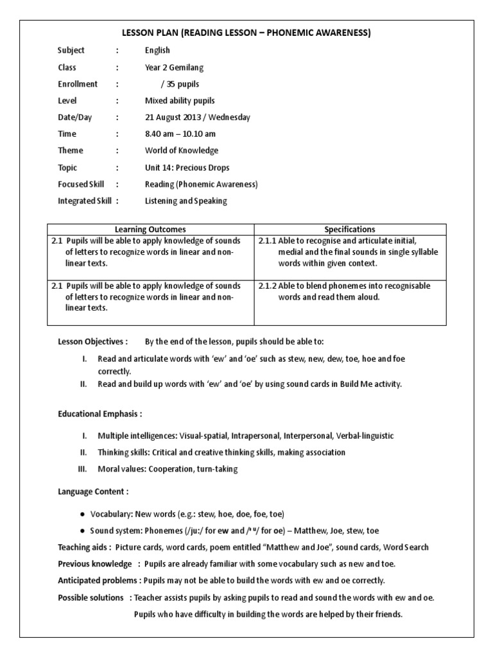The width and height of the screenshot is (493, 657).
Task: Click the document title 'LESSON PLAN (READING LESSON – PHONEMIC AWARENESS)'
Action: (246, 33)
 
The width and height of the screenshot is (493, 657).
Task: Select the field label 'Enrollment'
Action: (78, 84)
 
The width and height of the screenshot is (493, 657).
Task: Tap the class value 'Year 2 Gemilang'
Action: (175, 67)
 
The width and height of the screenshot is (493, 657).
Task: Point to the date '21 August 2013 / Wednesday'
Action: (198, 117)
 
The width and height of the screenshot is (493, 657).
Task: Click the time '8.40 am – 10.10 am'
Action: (180, 134)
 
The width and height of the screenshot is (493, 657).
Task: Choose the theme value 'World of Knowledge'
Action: (182, 151)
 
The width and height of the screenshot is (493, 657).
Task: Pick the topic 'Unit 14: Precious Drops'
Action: (187, 167)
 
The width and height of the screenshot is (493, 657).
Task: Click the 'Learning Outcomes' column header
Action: (151, 229)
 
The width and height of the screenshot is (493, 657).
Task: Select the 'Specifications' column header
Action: (350, 229)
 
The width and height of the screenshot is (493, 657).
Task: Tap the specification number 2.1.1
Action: (267, 241)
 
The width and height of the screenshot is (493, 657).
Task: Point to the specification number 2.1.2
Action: (267, 286)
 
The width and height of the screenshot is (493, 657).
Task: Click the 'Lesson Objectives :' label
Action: (92, 341)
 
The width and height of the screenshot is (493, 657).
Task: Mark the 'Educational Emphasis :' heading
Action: (99, 414)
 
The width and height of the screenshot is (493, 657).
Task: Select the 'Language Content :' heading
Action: (93, 491)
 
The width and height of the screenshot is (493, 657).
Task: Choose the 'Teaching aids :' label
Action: (85, 547)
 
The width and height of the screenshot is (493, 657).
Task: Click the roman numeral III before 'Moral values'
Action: (82, 469)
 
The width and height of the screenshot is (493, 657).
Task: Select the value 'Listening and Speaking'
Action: (186, 201)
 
